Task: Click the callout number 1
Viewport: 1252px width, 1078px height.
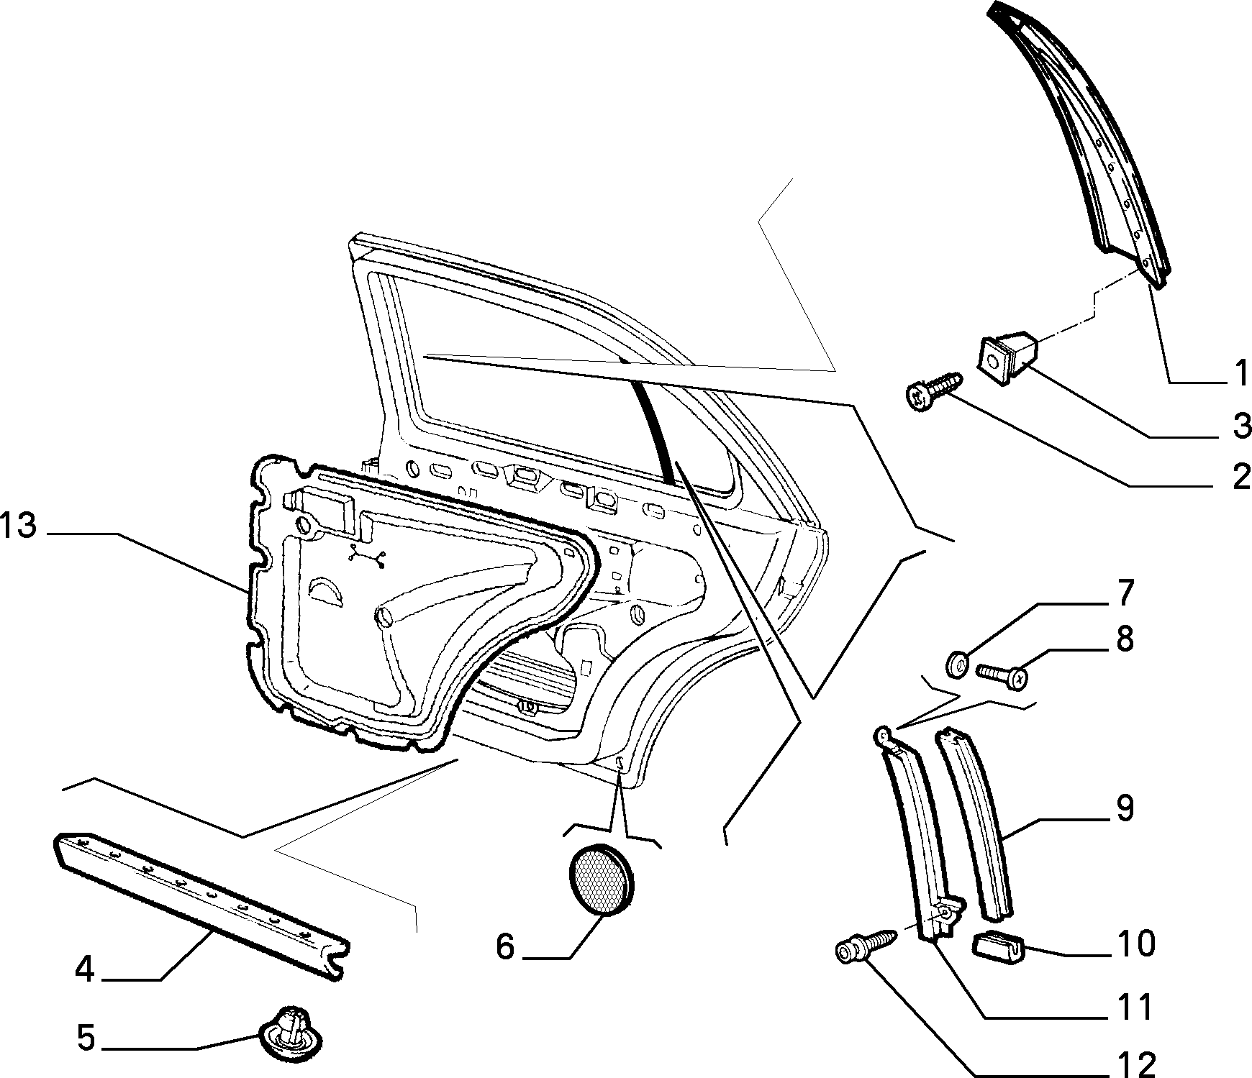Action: click(x=1240, y=373)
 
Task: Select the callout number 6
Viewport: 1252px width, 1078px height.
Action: click(x=505, y=946)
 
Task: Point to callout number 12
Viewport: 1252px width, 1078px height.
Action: click(x=1136, y=1064)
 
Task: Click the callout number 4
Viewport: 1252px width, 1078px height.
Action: click(x=85, y=971)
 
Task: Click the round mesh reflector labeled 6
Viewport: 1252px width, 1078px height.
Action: click(x=602, y=882)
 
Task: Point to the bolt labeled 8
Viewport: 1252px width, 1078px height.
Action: click(x=1002, y=675)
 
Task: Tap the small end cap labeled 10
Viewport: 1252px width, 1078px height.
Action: click(x=997, y=948)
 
